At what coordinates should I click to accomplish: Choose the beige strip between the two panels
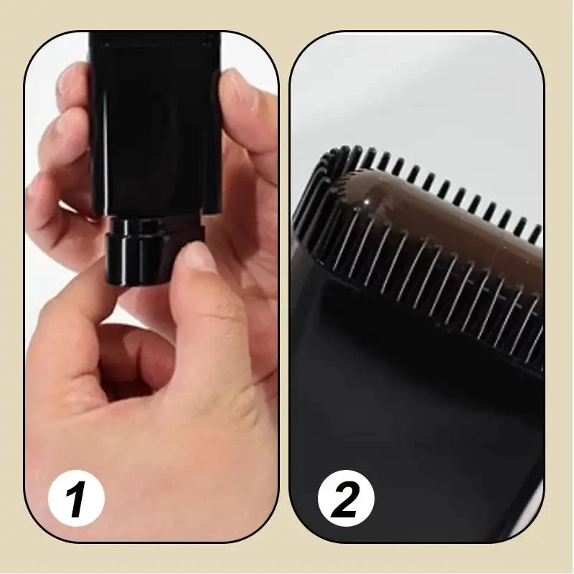point(283,287)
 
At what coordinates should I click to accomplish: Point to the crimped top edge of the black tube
point(154,39)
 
